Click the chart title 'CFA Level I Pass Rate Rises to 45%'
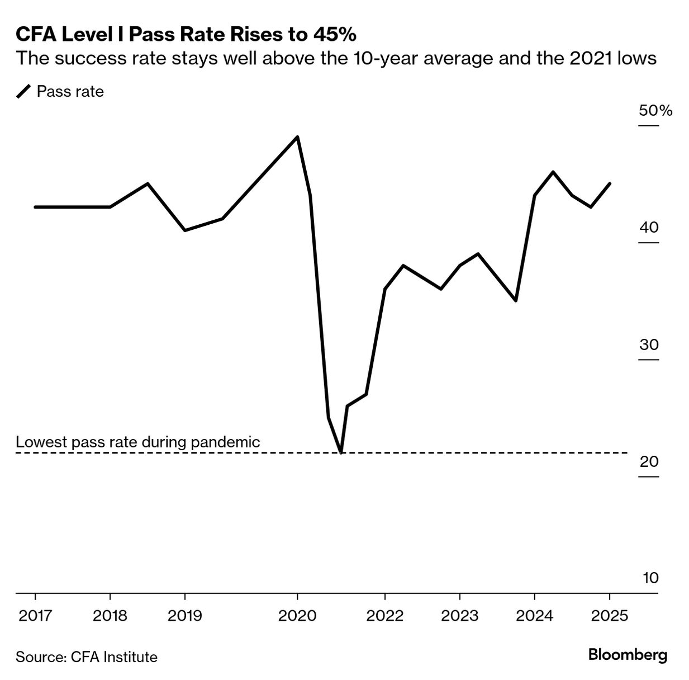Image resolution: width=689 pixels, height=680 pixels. pos(186,35)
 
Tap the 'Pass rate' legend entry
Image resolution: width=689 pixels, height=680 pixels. pos(70,91)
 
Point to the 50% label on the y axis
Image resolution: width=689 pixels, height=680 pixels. pos(655,110)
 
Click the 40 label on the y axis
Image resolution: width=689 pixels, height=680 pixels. pos(649,228)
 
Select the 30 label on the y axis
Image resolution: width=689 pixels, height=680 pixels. pos(649,344)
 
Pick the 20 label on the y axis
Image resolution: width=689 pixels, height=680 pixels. pos(649,461)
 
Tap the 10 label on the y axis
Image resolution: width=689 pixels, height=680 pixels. pos(650,578)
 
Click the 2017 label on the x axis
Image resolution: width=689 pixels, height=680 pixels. pos(35,616)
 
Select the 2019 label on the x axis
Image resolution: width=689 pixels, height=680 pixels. pos(185,616)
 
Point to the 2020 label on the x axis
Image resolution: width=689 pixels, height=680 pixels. pos(297,616)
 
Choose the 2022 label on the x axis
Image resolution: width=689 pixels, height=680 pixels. pos(384,616)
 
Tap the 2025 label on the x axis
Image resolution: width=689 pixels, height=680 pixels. pos(609,616)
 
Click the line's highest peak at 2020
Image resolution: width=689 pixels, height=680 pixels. pos(297,137)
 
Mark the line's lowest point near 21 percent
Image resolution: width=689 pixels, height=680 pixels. pos(341,452)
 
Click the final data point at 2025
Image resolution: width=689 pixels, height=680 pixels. pos(609,183)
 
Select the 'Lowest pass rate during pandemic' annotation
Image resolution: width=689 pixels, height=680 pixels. pos(137,442)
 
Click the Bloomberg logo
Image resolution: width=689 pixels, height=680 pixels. pos(628,655)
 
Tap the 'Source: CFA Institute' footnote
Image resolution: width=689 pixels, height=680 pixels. pos(87,657)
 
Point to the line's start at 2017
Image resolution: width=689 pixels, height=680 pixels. pos(35,207)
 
